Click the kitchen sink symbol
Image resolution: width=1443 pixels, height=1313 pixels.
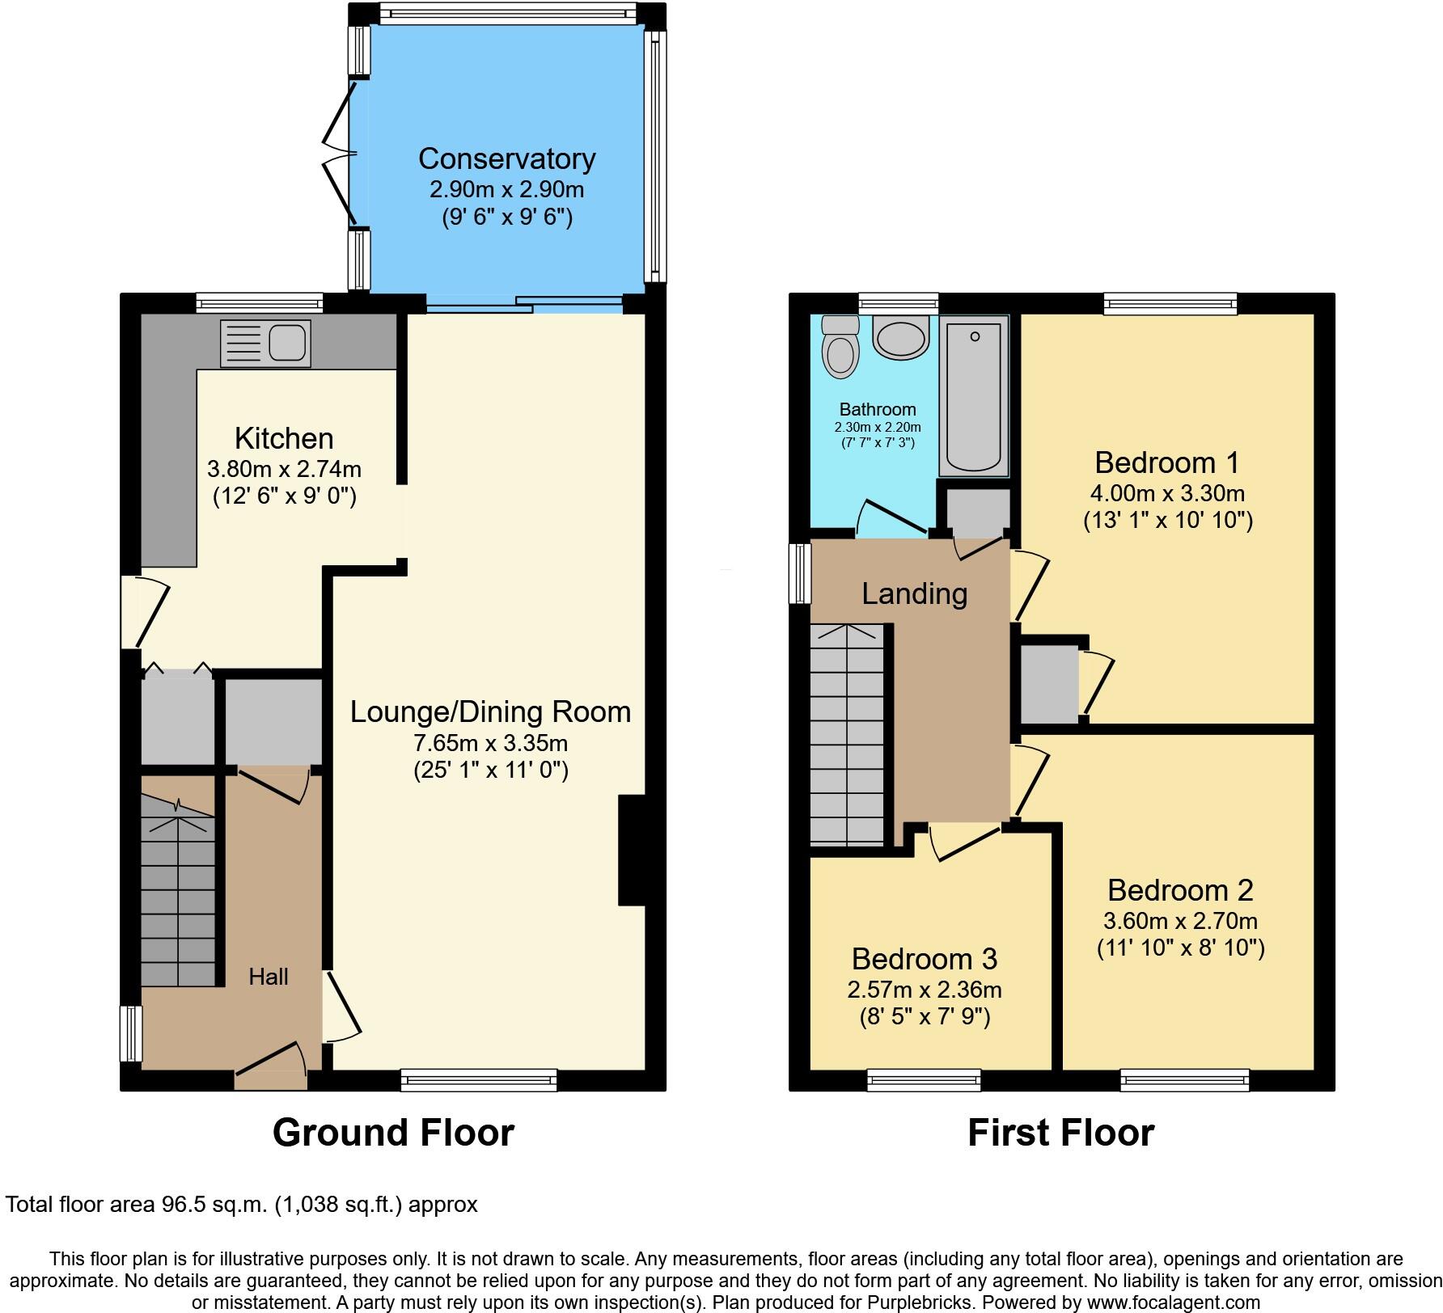265,344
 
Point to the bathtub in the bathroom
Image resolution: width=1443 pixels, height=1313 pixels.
974,396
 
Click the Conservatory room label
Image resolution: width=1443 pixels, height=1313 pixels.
506,158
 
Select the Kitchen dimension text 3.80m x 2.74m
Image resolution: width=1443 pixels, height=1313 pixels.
284,469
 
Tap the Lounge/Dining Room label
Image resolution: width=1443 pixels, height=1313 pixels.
490,712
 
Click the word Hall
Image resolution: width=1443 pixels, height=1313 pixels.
269,977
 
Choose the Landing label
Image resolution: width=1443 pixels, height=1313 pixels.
914,594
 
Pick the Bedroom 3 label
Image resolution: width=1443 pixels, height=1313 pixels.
924,959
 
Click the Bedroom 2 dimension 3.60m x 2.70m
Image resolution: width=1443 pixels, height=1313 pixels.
1180,921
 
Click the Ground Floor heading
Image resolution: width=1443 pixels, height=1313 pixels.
393,1133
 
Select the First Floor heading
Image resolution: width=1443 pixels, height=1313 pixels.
1060,1133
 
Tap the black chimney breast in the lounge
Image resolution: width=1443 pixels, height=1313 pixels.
633,851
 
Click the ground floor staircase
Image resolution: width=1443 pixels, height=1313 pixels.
178,897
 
